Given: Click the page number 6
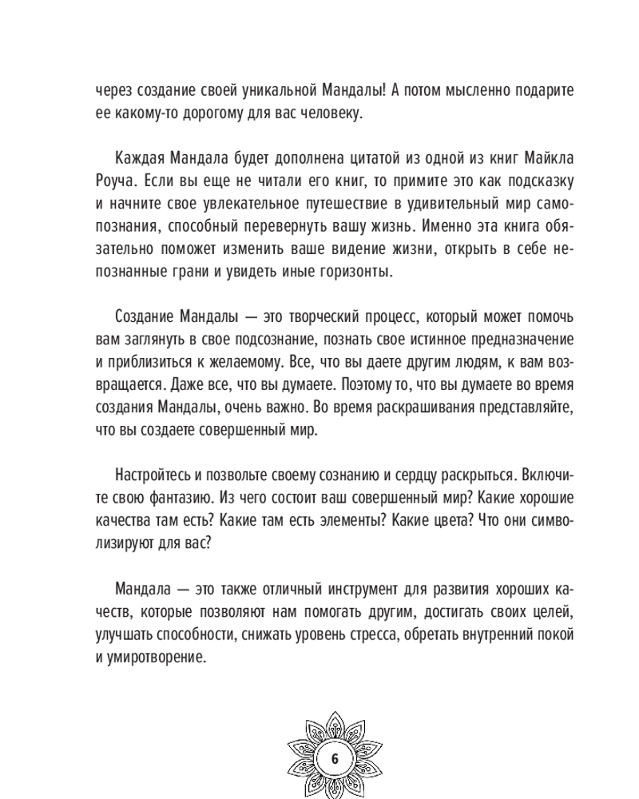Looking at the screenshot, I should (x=335, y=758).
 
